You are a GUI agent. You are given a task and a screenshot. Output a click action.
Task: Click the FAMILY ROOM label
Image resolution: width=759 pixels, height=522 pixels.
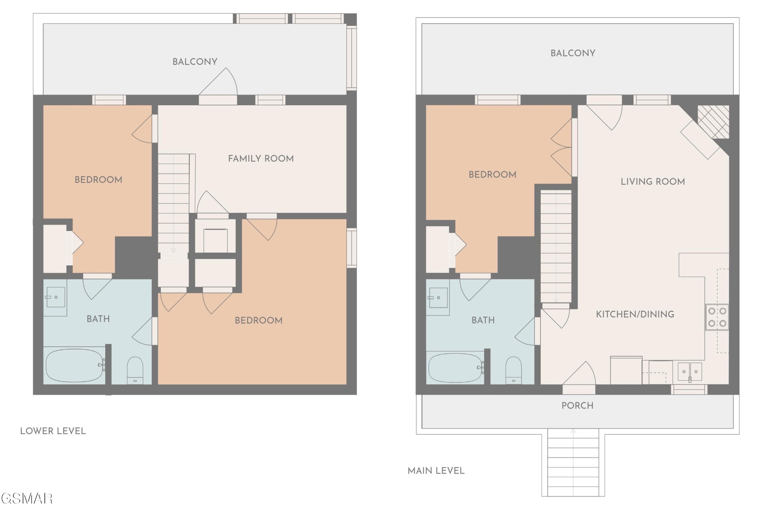click(x=261, y=159)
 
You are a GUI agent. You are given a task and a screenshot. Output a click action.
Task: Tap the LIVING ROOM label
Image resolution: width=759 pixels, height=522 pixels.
click(x=653, y=182)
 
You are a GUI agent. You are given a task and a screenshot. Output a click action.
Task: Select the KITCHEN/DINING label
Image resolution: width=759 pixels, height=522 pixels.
click(x=635, y=314)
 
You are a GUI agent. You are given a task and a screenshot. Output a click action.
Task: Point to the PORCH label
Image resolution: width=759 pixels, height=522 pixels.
click(x=577, y=406)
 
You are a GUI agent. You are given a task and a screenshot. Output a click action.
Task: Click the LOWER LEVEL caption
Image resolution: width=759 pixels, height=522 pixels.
click(x=53, y=431)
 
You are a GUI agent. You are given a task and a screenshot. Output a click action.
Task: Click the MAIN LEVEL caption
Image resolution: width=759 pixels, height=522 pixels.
click(x=436, y=471)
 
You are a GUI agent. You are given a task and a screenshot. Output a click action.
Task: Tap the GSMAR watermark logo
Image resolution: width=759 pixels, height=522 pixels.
click(x=26, y=499)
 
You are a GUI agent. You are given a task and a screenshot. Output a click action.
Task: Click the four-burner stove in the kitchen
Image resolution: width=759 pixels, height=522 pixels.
click(x=717, y=317)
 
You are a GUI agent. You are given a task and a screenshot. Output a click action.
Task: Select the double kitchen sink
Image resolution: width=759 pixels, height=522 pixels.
click(x=690, y=371)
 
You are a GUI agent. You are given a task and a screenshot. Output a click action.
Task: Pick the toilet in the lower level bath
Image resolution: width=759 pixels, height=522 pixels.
click(x=135, y=370)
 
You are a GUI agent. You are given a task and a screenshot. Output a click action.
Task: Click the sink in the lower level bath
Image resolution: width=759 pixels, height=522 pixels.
click(x=55, y=297)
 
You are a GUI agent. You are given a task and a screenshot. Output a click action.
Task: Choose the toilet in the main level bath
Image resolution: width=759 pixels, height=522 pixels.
click(x=513, y=370)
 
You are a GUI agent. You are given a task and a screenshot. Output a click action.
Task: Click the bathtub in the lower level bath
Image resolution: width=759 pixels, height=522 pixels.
click(x=74, y=365)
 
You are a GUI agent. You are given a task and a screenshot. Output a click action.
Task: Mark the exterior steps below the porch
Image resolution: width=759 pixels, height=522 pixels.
click(x=573, y=462)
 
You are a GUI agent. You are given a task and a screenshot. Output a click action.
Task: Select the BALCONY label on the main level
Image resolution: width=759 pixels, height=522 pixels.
click(x=573, y=53)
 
